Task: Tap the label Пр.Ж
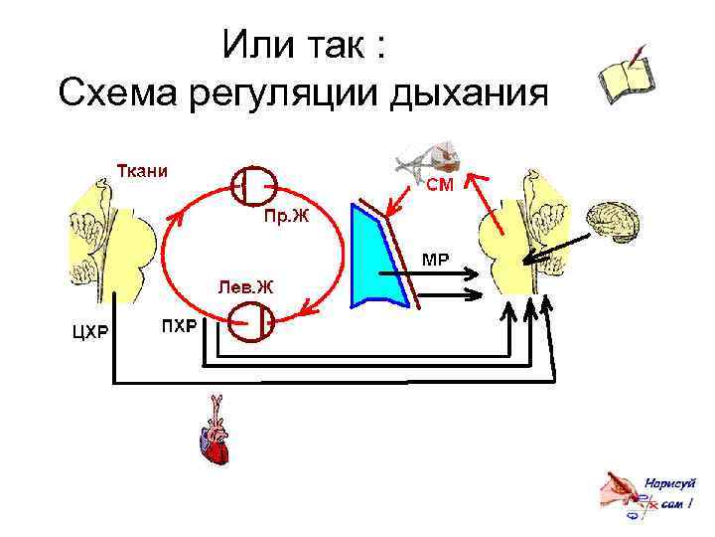point(286,218)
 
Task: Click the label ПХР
point(179,327)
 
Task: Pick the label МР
point(436,261)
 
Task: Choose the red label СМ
point(441,187)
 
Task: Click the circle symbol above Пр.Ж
point(253,182)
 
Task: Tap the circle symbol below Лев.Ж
point(250,323)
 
